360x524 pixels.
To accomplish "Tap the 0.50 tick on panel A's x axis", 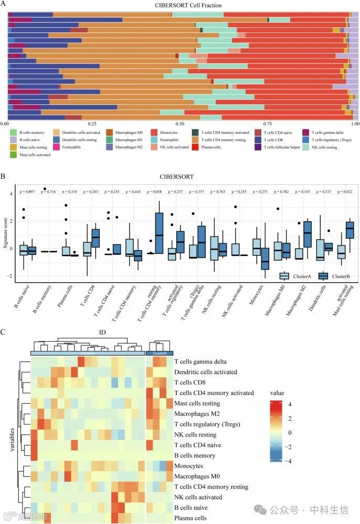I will click(179, 124).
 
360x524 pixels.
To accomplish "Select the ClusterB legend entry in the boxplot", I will click(336, 276).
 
